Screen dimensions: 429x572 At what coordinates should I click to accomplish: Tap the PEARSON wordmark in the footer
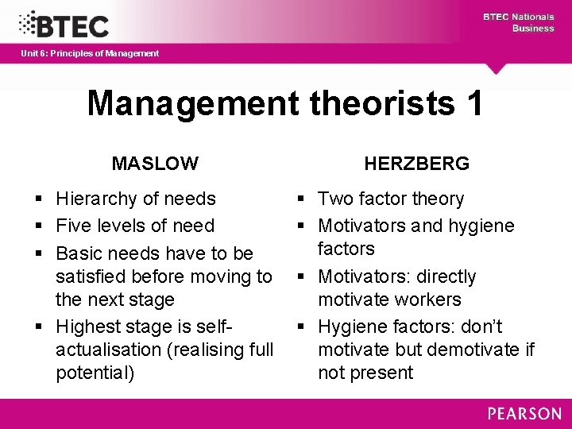[x=524, y=414]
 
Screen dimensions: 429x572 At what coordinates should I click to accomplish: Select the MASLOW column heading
[x=155, y=164]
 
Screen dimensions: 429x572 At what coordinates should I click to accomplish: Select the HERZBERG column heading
[x=417, y=164]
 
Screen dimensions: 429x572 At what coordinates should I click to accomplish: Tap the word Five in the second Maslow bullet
[x=72, y=226]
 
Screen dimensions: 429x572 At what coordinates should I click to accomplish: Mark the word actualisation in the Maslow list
[x=107, y=350]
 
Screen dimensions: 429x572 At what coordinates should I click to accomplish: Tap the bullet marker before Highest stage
[x=38, y=327]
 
